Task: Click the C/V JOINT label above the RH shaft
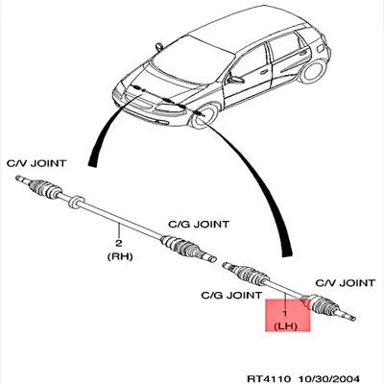[x=36, y=163]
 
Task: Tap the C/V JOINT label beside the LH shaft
[x=345, y=283]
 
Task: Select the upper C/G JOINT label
[x=199, y=224]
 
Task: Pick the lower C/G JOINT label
[x=231, y=295]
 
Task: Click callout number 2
[x=119, y=243]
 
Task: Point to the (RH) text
[x=119, y=256]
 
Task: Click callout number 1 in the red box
[x=285, y=313]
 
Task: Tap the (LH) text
[x=286, y=326]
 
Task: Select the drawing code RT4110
[x=269, y=378]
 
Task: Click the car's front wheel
[x=204, y=116]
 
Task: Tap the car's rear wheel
[x=312, y=71]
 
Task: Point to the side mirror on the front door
[x=236, y=80]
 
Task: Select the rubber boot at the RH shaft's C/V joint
[x=44, y=188]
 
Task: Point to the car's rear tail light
[x=321, y=49]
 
